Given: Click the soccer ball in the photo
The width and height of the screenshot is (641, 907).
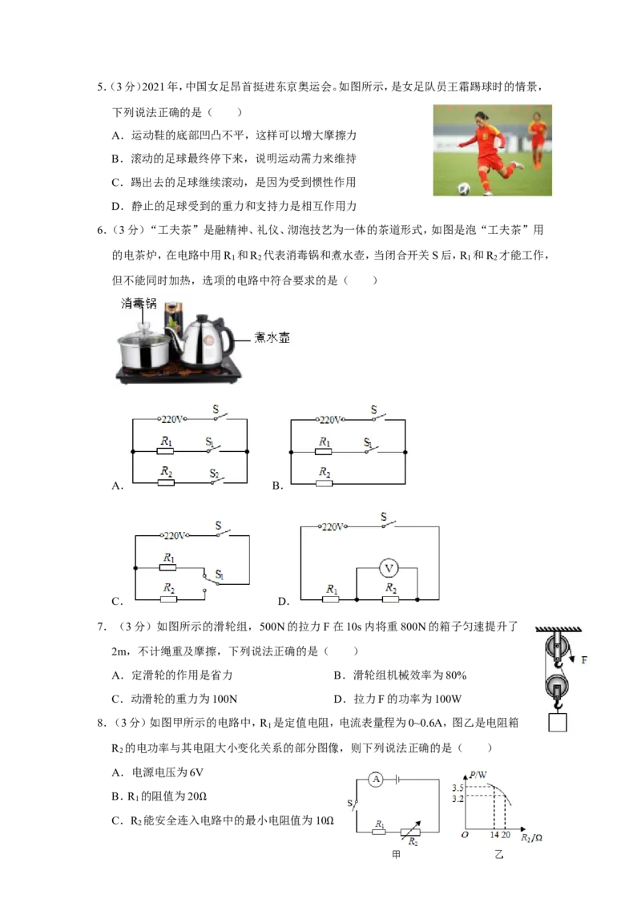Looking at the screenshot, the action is (x=464, y=188).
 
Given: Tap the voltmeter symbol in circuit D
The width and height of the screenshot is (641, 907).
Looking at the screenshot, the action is (x=389, y=568).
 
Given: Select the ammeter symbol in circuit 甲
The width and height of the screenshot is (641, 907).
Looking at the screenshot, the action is (x=377, y=779).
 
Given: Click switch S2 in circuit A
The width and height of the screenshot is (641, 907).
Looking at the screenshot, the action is (x=216, y=479).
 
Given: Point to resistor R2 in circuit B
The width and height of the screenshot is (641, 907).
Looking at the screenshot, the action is (x=325, y=483).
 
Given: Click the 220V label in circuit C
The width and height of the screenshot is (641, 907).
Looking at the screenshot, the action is (x=174, y=536).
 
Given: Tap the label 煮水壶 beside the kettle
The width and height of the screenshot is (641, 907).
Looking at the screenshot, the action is (x=272, y=338).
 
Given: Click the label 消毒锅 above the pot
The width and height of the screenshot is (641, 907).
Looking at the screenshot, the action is (x=139, y=303).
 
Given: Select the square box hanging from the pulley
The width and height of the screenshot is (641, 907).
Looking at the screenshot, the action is (x=558, y=722).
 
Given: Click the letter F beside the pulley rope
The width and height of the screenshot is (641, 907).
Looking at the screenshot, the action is (x=584, y=659).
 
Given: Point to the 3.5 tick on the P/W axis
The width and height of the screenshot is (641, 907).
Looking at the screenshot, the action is (x=458, y=788).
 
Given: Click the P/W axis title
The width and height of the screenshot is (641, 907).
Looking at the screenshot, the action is (x=478, y=775).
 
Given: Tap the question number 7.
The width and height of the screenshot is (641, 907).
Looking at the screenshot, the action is (x=101, y=627).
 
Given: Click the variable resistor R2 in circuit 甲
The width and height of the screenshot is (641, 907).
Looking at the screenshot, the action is (x=411, y=832).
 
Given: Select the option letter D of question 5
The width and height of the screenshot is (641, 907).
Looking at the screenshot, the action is (x=117, y=206).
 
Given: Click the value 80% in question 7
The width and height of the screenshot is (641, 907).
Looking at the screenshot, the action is (x=456, y=675).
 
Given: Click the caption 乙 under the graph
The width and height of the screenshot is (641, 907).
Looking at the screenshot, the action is (x=498, y=854).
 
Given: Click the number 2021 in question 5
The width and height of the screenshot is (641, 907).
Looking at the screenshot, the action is (x=153, y=87).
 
